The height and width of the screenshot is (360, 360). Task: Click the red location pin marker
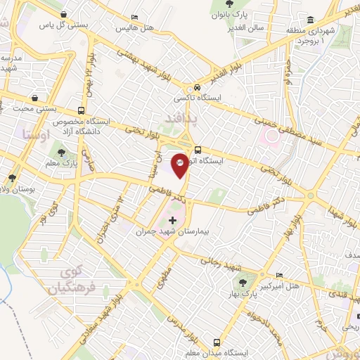(181, 164)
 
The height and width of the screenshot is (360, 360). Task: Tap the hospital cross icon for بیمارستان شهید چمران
(173, 221)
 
